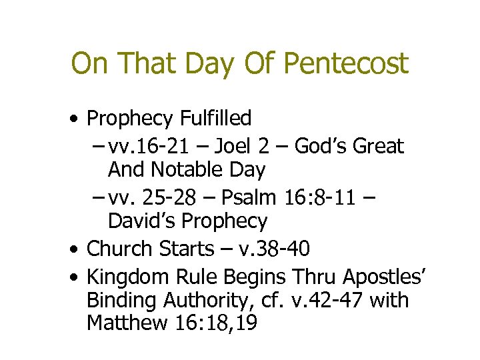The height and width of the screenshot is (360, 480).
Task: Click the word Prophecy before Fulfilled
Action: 130,119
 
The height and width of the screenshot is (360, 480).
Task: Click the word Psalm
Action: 247,197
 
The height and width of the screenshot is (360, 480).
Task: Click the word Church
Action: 120,249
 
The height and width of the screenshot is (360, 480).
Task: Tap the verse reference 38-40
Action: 280,249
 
